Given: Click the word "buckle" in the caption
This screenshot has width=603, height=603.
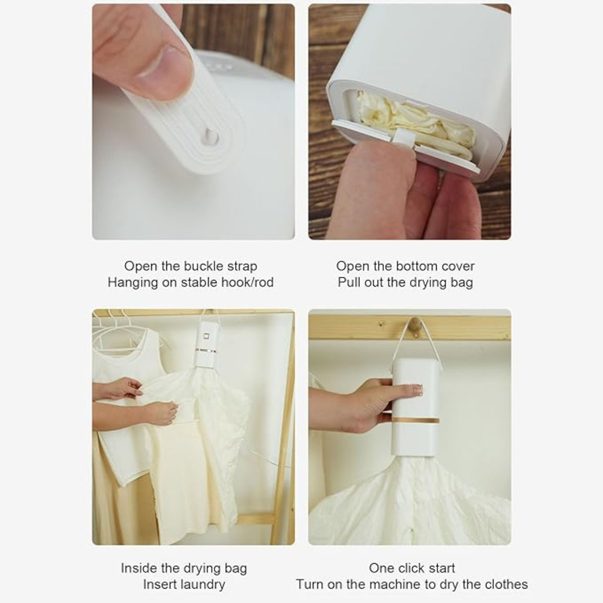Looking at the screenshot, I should (x=206, y=266).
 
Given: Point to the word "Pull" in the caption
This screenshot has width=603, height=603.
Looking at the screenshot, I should (x=349, y=283).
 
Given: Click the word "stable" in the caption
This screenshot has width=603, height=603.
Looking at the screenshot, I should (x=199, y=283).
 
